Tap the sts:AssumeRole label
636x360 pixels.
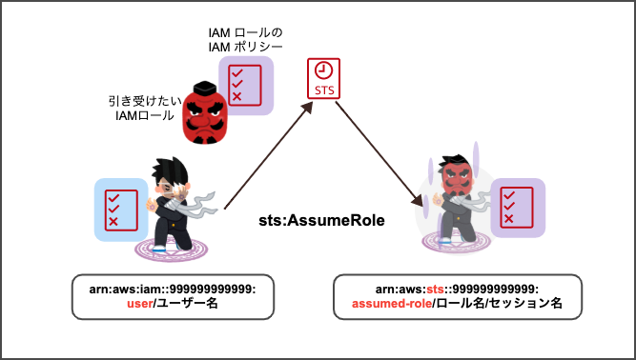tap(321, 221)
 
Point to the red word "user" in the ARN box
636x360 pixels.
tap(139, 306)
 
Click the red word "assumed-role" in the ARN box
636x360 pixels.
tap(390, 306)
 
